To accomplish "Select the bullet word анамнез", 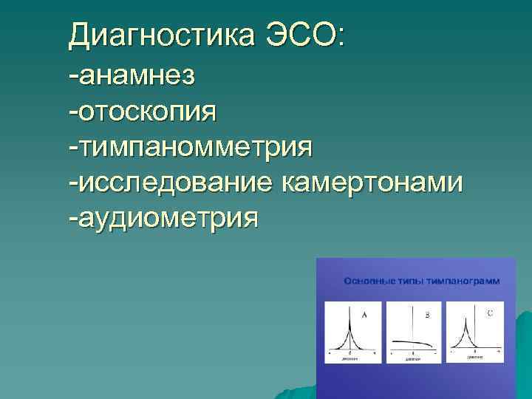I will [x=135, y=75].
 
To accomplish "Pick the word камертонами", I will [x=372, y=182].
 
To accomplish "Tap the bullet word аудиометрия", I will [x=167, y=218].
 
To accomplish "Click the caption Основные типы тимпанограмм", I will [x=421, y=282].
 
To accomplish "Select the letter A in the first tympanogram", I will [x=364, y=315].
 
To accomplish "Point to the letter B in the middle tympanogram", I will [x=426, y=315].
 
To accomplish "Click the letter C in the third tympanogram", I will [x=490, y=313].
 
